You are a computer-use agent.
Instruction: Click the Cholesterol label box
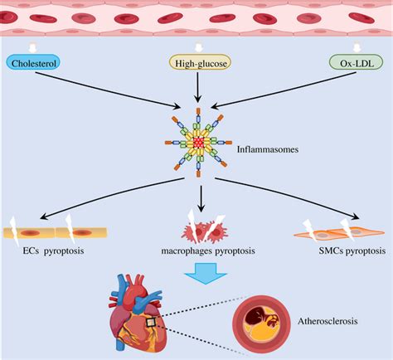(x=33, y=62)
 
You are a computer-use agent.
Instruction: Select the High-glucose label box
(x=196, y=62)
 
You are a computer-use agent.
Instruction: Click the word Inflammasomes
(x=267, y=150)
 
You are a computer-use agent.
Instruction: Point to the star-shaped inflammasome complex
(x=198, y=142)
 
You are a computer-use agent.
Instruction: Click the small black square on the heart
(x=152, y=323)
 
